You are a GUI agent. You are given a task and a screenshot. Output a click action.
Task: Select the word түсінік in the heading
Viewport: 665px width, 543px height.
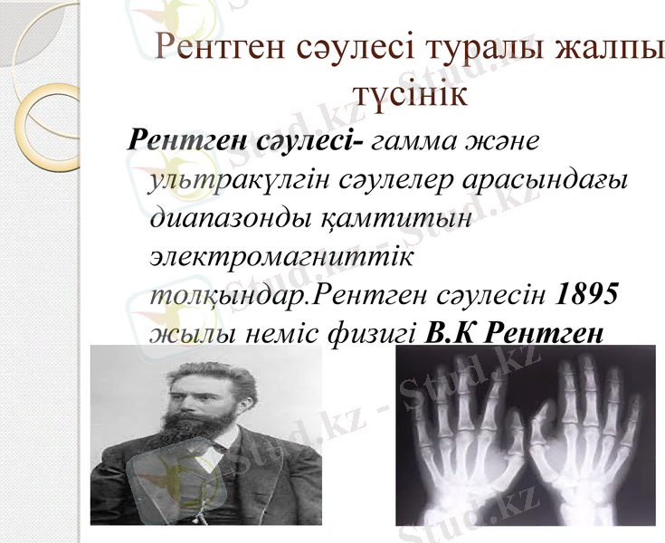click(409, 94)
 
